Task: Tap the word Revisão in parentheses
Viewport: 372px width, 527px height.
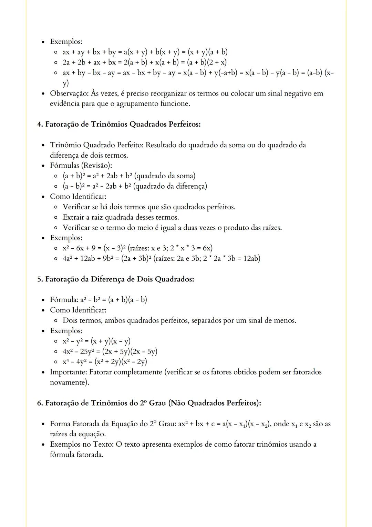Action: point(96,166)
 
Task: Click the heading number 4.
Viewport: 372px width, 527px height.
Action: point(40,124)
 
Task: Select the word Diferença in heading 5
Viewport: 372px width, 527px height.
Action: point(107,279)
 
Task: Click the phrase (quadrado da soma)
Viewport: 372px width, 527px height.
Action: point(164,176)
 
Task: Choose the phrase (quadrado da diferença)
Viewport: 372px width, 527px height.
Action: point(170,186)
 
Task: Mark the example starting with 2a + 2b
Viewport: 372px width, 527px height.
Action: point(144,62)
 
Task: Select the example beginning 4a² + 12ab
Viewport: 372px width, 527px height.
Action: point(161,258)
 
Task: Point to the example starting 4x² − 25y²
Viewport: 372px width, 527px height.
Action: point(110,351)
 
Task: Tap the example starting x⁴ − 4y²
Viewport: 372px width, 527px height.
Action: point(105,362)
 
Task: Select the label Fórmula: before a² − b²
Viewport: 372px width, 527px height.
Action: point(64,300)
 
